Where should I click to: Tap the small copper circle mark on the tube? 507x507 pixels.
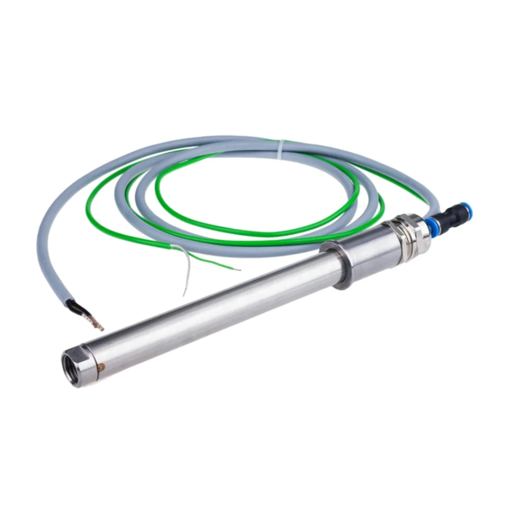[x=102, y=368]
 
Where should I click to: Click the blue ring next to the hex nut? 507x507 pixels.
[x=430, y=225]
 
